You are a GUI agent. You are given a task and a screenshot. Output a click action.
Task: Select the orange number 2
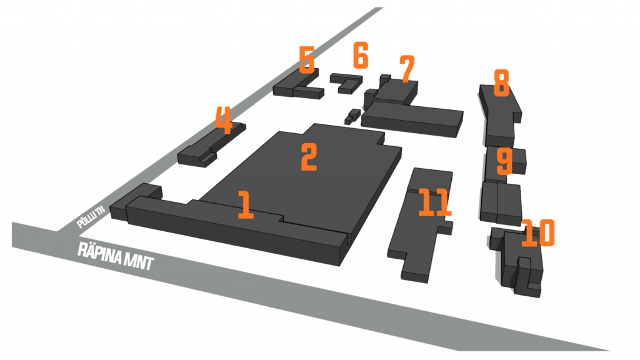pyautogui.click(x=309, y=157)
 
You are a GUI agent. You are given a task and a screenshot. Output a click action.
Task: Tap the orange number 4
pyautogui.click(x=223, y=120)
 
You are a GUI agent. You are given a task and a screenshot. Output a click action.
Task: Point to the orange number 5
pyautogui.click(x=306, y=60)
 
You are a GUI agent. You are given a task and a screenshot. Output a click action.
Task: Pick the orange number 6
pyautogui.click(x=361, y=56)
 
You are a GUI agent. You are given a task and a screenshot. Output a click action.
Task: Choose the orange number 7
pyautogui.click(x=407, y=69)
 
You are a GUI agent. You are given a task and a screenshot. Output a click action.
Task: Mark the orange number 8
pyautogui.click(x=501, y=82)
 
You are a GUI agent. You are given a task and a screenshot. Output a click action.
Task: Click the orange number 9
pyautogui.click(x=504, y=161)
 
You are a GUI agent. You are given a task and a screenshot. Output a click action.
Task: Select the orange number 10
pyautogui.click(x=537, y=232)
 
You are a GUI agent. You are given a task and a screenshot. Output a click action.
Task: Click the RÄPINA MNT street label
pyautogui.click(x=116, y=256)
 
